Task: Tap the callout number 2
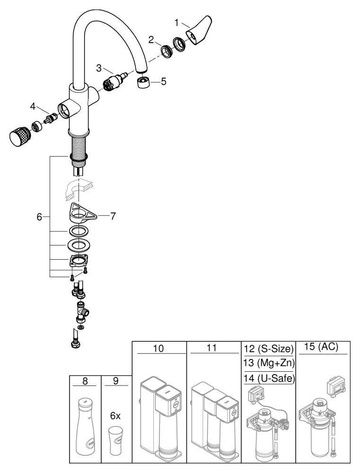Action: click(151, 40)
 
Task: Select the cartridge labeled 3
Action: click(114, 80)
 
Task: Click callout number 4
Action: click(33, 105)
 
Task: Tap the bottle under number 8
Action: click(86, 429)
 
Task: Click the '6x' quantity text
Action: click(115, 416)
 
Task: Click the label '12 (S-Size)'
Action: click(269, 350)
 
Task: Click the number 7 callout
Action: click(113, 216)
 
